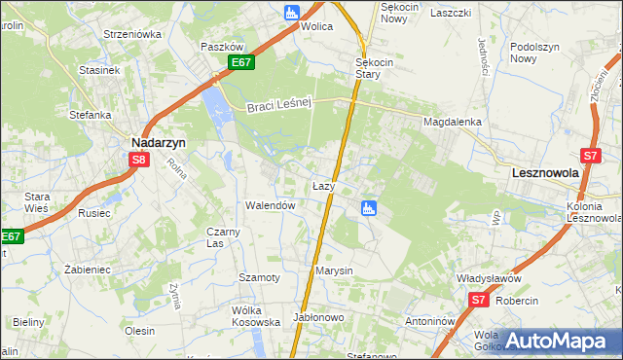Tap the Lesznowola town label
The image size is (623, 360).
(x=545, y=172)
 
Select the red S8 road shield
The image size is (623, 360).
(x=140, y=160)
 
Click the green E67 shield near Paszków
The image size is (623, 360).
(x=242, y=63)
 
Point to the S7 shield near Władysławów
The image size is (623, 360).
(x=477, y=302)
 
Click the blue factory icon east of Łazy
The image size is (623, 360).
(x=369, y=207)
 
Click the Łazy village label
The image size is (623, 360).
(x=323, y=185)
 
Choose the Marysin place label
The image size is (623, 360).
(x=333, y=270)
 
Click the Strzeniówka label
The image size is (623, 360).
(x=132, y=34)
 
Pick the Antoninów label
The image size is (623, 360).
(x=430, y=320)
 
